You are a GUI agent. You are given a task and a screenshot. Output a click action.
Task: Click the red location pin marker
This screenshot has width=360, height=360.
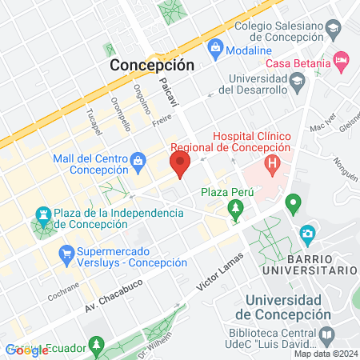tap(180, 165)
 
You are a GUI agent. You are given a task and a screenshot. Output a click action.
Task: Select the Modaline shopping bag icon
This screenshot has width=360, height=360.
tap(214, 49)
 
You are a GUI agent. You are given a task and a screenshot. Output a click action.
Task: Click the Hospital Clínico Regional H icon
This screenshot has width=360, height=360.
tap(273, 167)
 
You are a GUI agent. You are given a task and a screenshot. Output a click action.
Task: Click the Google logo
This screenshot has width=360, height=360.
tap(26, 350)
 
